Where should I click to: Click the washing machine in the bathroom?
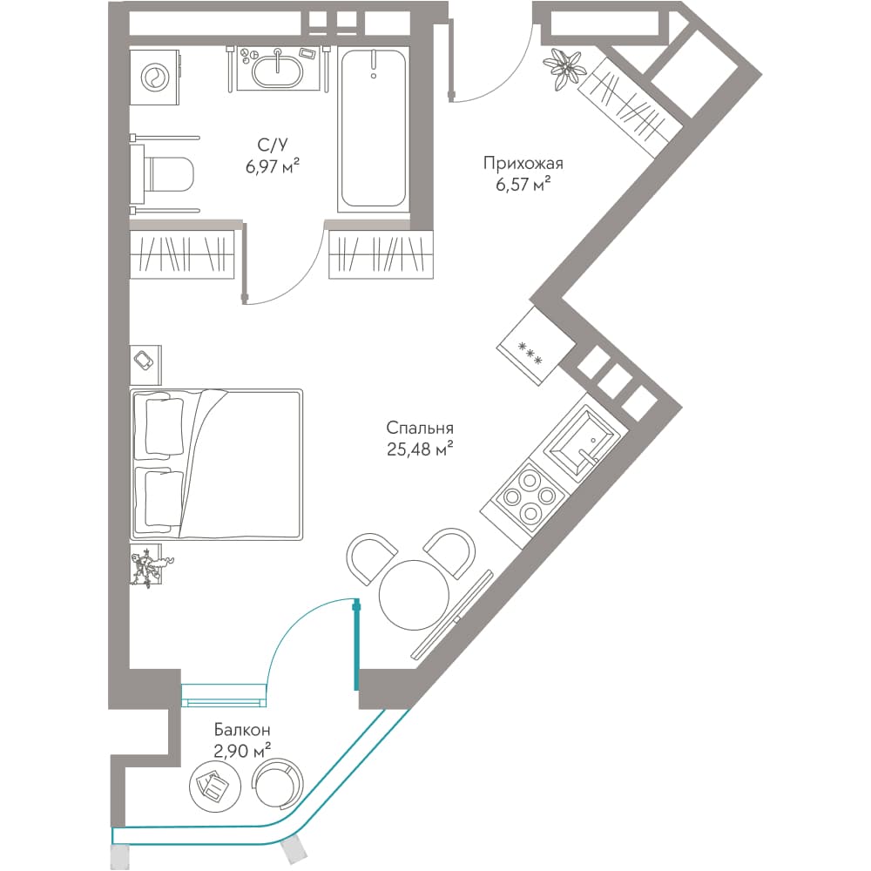[155, 77]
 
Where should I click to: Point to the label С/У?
[273, 145]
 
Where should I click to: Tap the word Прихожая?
[523, 164]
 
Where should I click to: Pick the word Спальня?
[420, 429]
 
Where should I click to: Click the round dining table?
[414, 595]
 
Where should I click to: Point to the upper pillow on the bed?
[164, 425]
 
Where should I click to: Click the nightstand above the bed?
[145, 365]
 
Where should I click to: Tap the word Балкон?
[242, 729]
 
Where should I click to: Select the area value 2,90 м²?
[242, 751]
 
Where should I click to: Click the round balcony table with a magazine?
[215, 785]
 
